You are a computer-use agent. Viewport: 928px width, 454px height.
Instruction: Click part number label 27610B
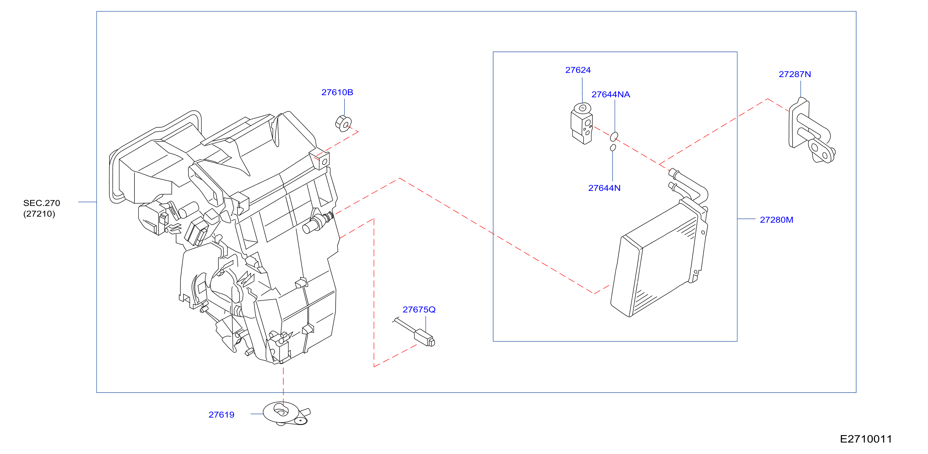337,92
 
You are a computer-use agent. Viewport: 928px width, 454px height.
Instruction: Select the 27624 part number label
578,70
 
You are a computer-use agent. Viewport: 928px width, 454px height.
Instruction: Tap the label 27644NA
611,95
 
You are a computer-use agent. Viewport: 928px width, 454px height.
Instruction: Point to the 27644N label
604,188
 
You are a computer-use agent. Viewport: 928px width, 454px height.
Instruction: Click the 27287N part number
795,74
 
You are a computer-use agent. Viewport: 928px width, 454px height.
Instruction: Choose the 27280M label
776,220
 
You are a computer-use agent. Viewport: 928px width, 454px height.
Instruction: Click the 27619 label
221,415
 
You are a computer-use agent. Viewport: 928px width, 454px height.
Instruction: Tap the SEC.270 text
42,203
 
